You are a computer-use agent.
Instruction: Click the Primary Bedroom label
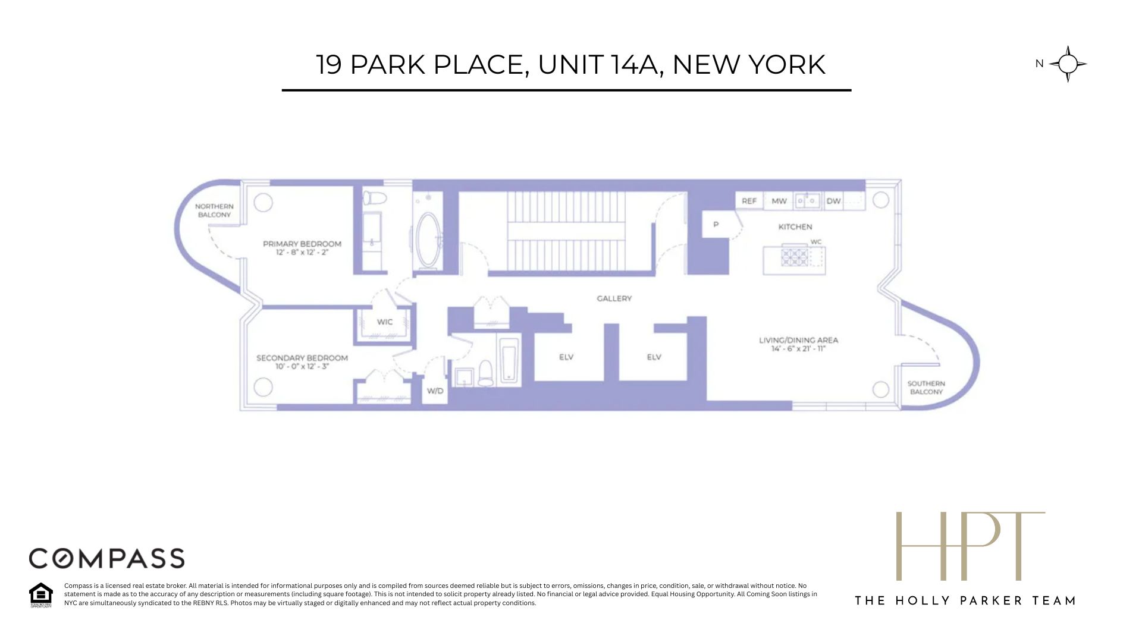point(302,244)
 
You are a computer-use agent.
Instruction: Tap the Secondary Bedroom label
point(302,358)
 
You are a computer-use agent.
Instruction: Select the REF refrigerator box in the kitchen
point(749,201)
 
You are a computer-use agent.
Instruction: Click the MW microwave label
point(779,201)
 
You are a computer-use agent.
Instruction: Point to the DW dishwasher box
point(834,201)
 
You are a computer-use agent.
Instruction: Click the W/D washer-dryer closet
point(435,391)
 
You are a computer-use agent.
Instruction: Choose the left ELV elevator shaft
point(566,357)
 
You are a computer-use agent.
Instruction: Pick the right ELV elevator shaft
point(654,357)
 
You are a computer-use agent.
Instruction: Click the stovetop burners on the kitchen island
point(795,257)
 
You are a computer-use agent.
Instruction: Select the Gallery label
point(614,298)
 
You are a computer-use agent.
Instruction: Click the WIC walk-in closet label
point(385,322)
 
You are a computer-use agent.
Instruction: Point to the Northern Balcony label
point(214,210)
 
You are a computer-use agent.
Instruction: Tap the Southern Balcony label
point(926,388)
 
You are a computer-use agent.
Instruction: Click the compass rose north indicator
point(1068,64)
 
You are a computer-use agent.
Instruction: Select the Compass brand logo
point(107,558)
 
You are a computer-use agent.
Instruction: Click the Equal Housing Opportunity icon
point(40,594)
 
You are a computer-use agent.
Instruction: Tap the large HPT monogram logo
point(970,546)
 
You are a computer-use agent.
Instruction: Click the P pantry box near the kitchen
point(716,225)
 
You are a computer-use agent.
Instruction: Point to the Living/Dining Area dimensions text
point(798,349)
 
